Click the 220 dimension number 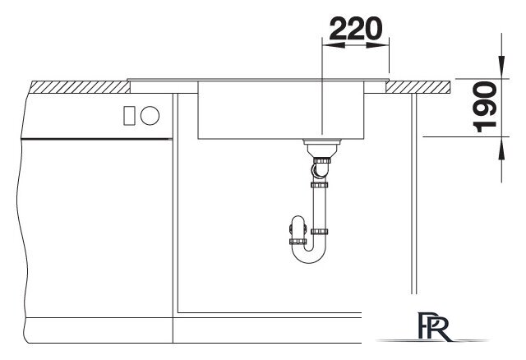point(356,29)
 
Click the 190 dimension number point(485,107)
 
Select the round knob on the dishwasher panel point(150,115)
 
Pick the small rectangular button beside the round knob point(129,116)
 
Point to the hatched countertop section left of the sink point(81,87)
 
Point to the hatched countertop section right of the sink point(418,87)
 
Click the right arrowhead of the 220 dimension point(377,45)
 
